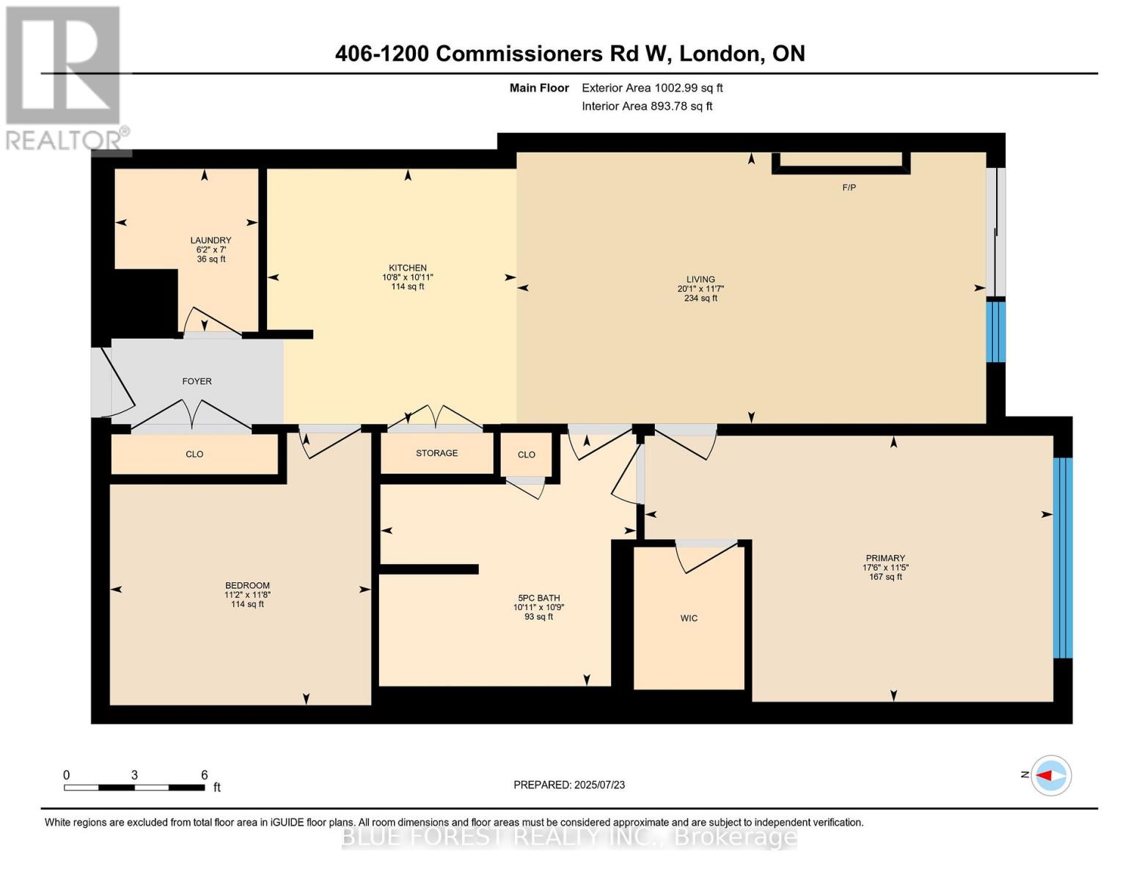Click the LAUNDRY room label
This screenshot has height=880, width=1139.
[x=210, y=241]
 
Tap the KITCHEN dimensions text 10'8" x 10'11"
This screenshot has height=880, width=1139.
[x=408, y=277]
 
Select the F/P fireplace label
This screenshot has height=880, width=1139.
[x=849, y=188]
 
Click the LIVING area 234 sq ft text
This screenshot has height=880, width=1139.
[x=700, y=298]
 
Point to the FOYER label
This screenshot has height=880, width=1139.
[x=197, y=381]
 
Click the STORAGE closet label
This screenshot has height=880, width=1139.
[x=436, y=453]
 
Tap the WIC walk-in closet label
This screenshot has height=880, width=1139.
[x=689, y=618]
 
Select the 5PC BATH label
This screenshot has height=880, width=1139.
[x=538, y=598]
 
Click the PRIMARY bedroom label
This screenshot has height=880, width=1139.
[x=885, y=558]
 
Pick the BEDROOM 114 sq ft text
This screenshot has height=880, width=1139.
[x=247, y=604]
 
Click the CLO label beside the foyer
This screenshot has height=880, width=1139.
[x=194, y=455]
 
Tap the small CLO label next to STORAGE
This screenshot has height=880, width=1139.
[x=526, y=455]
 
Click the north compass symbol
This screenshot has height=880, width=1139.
[x=1051, y=775]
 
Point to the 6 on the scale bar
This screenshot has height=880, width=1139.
[x=205, y=775]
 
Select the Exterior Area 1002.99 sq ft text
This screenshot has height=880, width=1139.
[x=652, y=88]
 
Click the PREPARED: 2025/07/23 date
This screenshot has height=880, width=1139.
[x=569, y=785]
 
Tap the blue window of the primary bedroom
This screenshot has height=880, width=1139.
[x=1063, y=557]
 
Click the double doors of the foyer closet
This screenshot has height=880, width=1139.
[x=192, y=416]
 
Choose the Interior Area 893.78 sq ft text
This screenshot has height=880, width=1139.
[x=647, y=106]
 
